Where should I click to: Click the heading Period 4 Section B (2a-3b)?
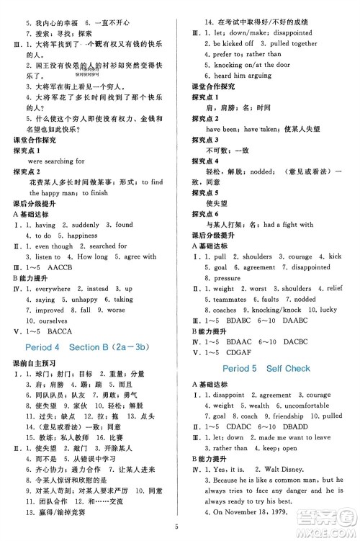coord(91,349)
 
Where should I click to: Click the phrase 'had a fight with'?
coord(288,224)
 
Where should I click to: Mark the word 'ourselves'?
coord(46,321)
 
